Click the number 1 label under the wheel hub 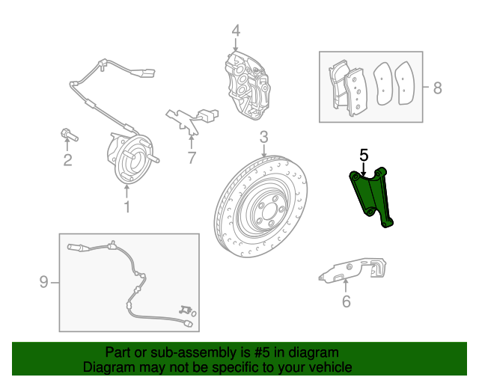coord(127,206)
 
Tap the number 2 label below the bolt coord(67,160)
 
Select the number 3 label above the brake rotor coord(264,137)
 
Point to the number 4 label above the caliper coord(236,31)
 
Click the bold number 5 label coord(364,155)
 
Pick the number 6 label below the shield coord(346,301)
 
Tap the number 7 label coord(192,158)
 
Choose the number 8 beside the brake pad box coord(437,88)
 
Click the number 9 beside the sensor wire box coord(43,281)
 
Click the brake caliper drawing coord(248,85)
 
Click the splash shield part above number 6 coord(352,270)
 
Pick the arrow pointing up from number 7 coord(192,143)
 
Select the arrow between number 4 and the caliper coord(236,45)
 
